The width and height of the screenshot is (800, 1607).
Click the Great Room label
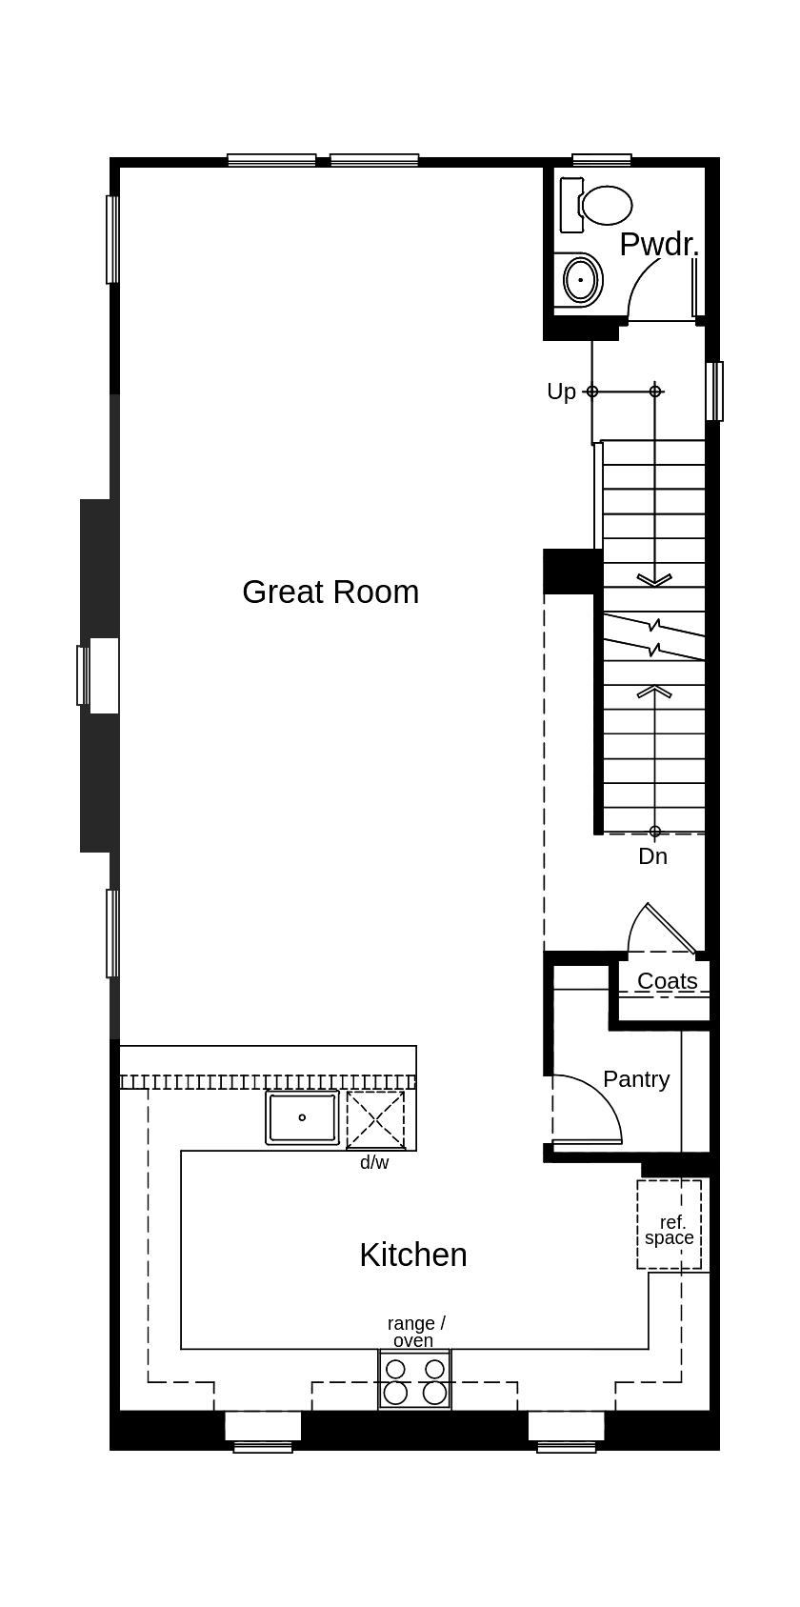pyautogui.click(x=330, y=592)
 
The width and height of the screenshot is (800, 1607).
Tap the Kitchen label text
pyautogui.click(x=412, y=1255)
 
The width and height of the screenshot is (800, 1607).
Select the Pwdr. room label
pyautogui.click(x=658, y=244)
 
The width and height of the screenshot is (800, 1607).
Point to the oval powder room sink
pyautogui.click(x=579, y=280)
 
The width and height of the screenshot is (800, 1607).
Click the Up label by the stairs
pyautogui.click(x=561, y=392)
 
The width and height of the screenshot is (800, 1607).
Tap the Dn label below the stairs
pyautogui.click(x=652, y=856)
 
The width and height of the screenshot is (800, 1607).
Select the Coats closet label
pyautogui.click(x=667, y=980)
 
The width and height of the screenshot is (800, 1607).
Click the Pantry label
pyautogui.click(x=636, y=1079)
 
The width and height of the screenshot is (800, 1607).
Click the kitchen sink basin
pyautogui.click(x=302, y=1117)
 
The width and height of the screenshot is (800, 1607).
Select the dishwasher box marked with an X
pyautogui.click(x=375, y=1120)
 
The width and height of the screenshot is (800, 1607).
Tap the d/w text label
pyautogui.click(x=374, y=1162)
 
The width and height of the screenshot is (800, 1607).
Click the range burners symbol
pyautogui.click(x=414, y=1380)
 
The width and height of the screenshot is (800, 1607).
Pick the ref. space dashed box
pyautogui.click(x=669, y=1224)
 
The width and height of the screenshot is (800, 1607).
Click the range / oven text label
pyautogui.click(x=415, y=1332)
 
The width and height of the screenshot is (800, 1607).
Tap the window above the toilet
pyautogui.click(x=601, y=160)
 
